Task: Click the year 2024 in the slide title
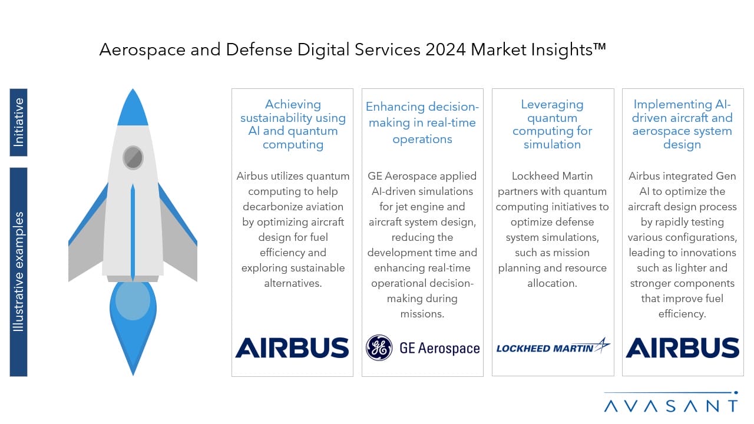click(x=445, y=50)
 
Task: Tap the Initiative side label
click(x=18, y=122)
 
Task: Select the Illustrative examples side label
click(x=18, y=272)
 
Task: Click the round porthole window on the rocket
click(x=133, y=157)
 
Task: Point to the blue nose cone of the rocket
click(x=133, y=108)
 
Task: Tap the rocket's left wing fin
click(x=88, y=236)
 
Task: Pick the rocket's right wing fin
click(x=178, y=236)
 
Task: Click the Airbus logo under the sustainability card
click(x=292, y=347)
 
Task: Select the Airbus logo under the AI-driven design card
click(x=682, y=347)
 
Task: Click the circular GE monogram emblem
click(x=379, y=347)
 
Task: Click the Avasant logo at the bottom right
click(x=671, y=402)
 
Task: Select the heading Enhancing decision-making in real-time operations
click(x=422, y=123)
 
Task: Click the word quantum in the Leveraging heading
click(x=552, y=118)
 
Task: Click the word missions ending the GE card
click(x=422, y=314)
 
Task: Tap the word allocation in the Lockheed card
click(x=552, y=283)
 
